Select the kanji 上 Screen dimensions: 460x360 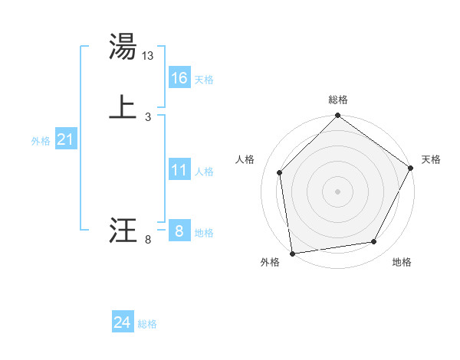[123, 107]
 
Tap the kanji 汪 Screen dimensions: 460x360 [123, 231]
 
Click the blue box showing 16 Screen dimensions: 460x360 [179, 78]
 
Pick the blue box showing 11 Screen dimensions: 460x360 [179, 170]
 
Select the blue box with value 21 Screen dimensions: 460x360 [65, 139]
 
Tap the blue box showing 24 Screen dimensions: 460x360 [123, 322]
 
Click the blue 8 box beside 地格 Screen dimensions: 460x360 [179, 231]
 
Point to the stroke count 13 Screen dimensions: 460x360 [149, 56]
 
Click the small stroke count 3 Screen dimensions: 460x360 [148, 117]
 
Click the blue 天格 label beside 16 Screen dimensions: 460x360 [204, 80]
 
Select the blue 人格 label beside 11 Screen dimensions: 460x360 [204, 172]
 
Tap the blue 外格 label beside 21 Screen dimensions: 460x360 [41, 141]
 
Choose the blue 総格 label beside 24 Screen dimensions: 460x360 [147, 324]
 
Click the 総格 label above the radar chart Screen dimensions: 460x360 [338, 100]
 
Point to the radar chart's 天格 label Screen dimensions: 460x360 [431, 159]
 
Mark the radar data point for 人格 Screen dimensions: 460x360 [280, 172]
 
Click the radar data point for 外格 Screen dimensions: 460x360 [292, 253]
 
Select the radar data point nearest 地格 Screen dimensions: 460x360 [374, 242]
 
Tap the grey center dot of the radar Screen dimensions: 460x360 [338, 191]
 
